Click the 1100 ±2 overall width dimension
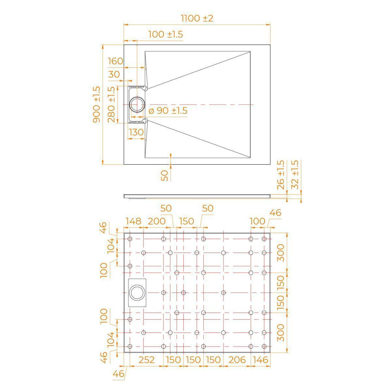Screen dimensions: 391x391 click(197, 19)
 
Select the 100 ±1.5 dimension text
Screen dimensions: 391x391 click(166, 34)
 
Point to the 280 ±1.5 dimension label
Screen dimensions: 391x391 click(111, 105)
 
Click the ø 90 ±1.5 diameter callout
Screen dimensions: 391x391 click(168, 111)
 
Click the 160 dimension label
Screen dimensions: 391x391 click(115, 61)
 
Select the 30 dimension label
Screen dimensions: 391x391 click(114, 75)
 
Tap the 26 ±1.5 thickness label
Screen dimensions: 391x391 click(281, 175)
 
